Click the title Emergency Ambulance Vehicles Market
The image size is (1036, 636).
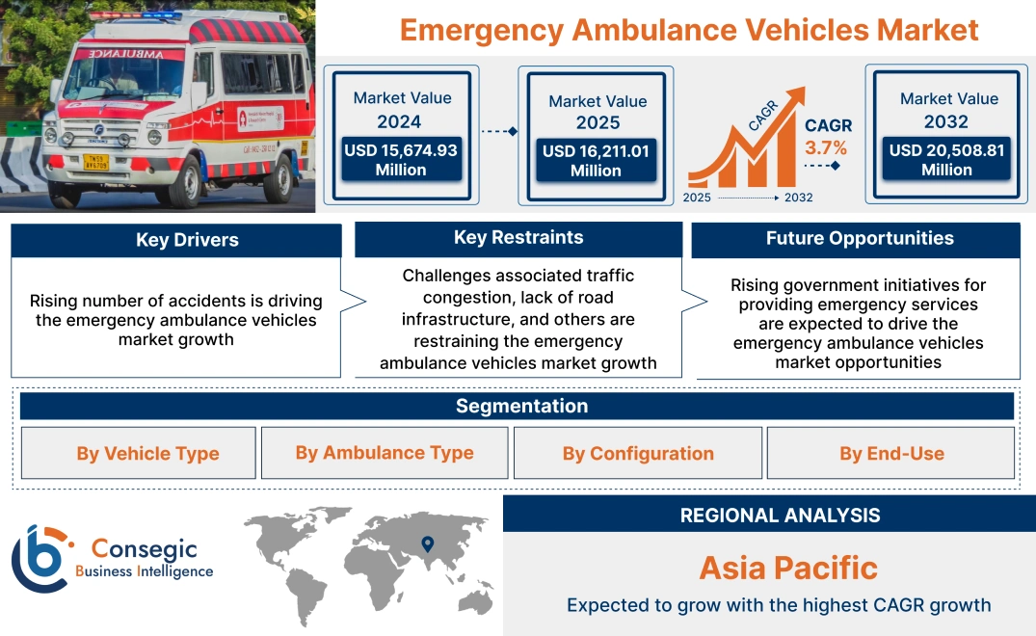coord(688,30)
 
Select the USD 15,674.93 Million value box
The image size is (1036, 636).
coord(400,160)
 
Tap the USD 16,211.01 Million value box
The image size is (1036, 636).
coord(596,160)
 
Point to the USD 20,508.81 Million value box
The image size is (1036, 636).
coord(946,159)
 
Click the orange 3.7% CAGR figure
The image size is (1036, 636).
coord(826,147)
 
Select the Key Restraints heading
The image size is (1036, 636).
coord(518,238)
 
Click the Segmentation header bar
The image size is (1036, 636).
coord(521,406)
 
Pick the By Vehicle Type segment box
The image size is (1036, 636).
coord(147,453)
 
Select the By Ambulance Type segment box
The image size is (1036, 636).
coord(385,452)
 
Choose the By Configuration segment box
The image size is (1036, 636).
coord(638,453)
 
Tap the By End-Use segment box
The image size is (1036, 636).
coord(891,453)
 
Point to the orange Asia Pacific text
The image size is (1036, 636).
coord(788,568)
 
